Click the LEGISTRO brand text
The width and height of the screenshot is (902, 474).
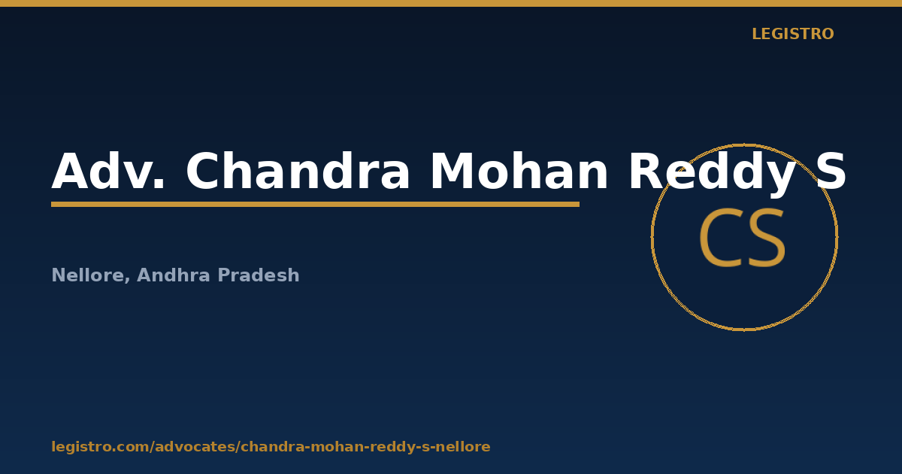[792, 34]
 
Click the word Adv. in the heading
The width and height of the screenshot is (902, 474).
[108, 171]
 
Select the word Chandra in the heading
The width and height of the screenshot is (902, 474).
[298, 170]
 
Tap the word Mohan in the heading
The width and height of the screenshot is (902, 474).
[519, 170]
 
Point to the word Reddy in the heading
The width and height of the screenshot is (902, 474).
[712, 173]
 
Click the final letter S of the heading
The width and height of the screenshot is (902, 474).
[831, 171]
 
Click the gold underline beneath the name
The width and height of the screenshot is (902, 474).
[315, 205]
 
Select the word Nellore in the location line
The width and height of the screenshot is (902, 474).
[88, 275]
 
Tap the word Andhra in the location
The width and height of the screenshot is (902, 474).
[174, 275]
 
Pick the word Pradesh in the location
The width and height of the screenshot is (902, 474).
[259, 275]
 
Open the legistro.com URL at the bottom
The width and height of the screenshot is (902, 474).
[271, 447]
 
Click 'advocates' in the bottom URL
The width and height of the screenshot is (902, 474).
[197, 447]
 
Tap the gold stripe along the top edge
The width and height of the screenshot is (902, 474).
[451, 3]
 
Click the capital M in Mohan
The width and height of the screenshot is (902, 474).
[451, 171]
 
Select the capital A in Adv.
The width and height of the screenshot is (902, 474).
[70, 171]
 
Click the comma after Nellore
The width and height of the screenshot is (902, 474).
[127, 281]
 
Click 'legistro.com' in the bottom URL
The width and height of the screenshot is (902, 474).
[100, 447]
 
